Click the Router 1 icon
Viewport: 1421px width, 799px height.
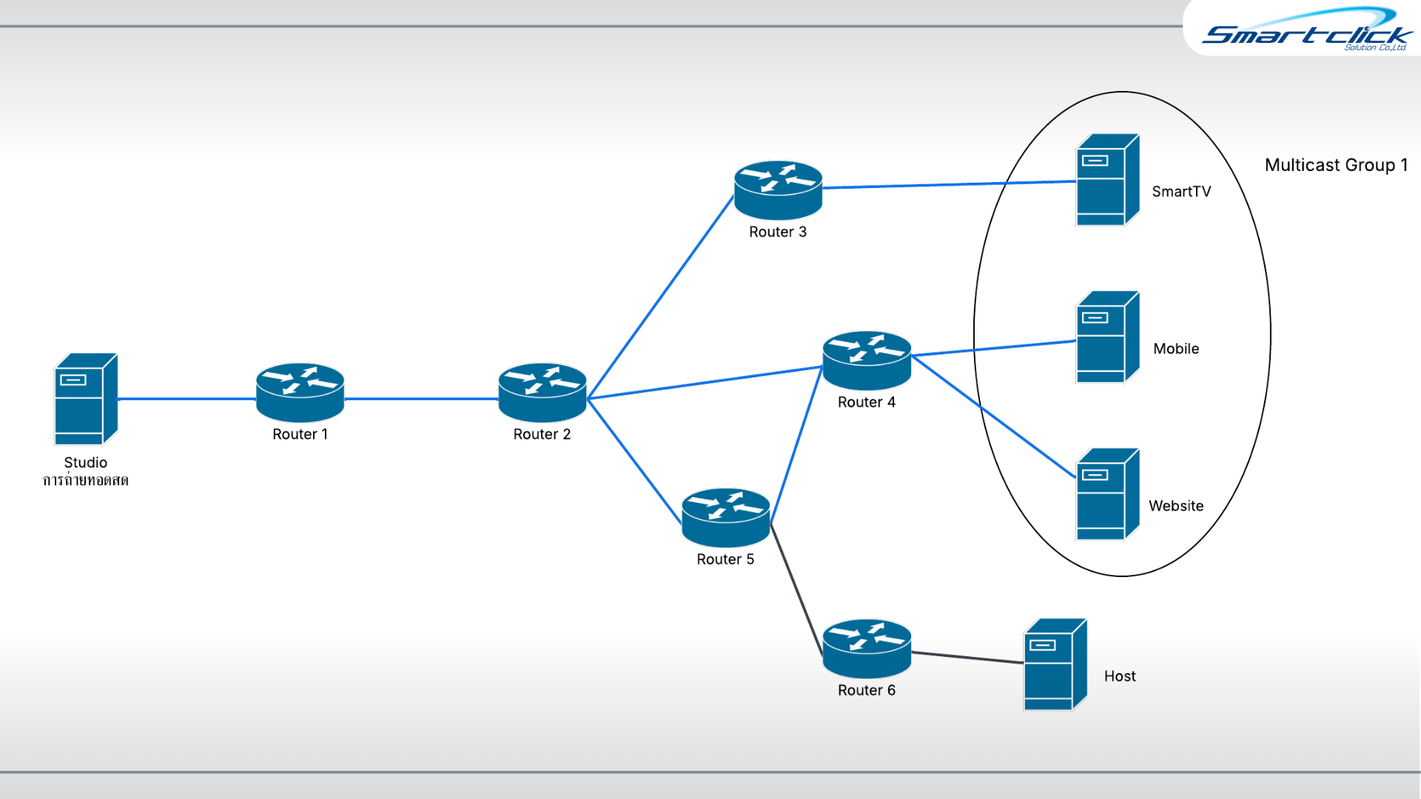300,392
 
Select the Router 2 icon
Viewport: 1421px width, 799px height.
542,392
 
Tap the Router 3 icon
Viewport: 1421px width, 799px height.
778,189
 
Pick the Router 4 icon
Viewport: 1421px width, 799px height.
867,360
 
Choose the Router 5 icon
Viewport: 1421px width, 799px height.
725,517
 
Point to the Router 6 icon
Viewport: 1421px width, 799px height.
867,648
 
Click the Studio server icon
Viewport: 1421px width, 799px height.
85,399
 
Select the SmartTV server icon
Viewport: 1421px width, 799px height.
1106,180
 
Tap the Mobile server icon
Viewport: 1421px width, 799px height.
1106,337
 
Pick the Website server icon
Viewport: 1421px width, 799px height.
1106,494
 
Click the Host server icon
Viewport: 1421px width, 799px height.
1054,664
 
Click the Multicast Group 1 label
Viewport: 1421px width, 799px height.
1336,165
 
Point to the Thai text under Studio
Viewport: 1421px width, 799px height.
85,481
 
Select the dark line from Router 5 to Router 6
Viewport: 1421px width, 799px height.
796,589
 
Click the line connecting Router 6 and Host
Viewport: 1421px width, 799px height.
967,657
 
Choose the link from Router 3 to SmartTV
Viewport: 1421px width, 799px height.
947,184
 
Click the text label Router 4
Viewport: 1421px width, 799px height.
866,402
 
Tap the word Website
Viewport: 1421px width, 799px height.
1175,506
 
